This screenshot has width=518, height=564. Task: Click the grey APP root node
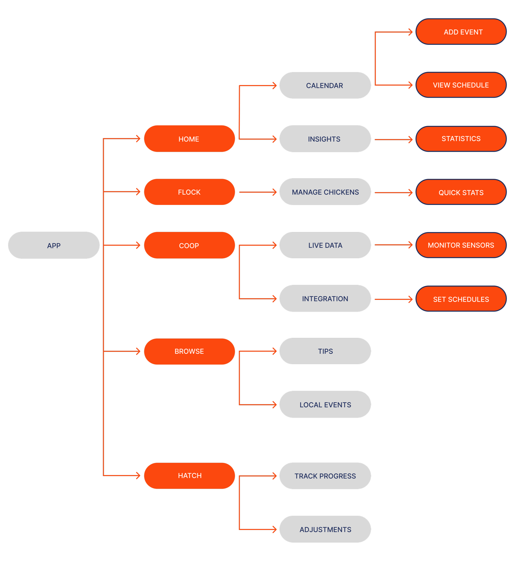[x=54, y=245]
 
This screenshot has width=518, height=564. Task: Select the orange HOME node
[x=189, y=139]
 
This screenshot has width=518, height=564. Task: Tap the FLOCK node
[x=189, y=192]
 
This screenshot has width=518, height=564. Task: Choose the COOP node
[x=189, y=245]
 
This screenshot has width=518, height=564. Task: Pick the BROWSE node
[x=189, y=351]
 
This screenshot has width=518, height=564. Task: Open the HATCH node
[x=189, y=476]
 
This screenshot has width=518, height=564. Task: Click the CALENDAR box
[x=325, y=85]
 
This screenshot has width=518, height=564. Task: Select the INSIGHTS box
[x=325, y=139]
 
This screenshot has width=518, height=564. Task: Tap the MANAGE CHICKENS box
[x=325, y=192]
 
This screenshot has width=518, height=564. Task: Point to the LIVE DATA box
[x=325, y=245]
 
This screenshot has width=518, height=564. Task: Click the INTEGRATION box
[x=325, y=298]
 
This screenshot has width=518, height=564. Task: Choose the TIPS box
[x=325, y=351]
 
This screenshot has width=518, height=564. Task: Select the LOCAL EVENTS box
[x=325, y=404]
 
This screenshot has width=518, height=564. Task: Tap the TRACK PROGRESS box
[x=325, y=476]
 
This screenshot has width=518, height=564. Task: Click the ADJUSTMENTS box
[x=325, y=529]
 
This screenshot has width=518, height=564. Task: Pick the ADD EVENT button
[x=461, y=32]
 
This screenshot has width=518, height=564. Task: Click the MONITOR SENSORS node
[x=461, y=245]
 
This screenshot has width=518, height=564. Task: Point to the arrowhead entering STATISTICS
[x=411, y=140]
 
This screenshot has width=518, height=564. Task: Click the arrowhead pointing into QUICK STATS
[x=411, y=193]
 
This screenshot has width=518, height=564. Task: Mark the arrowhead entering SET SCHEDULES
[x=411, y=299]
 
